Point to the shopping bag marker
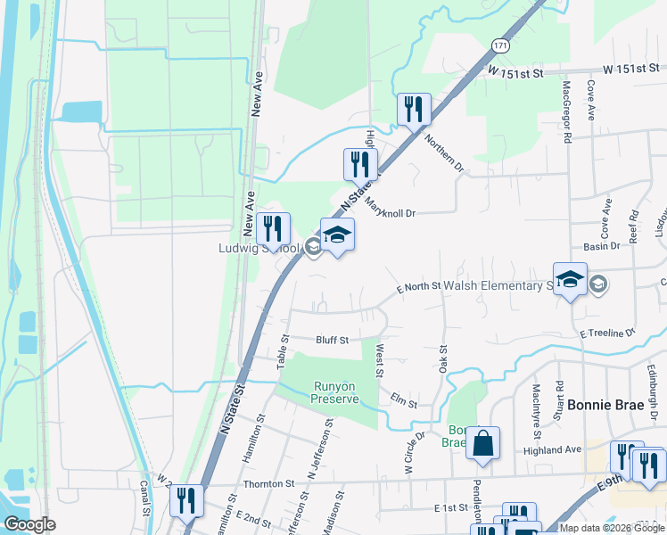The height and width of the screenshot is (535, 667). [x=482, y=444]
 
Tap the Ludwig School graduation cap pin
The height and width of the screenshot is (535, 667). [x=337, y=236]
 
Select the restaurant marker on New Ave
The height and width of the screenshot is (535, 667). [x=273, y=229]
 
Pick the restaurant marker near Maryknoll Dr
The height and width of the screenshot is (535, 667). [x=360, y=165]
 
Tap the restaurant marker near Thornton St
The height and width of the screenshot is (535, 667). [x=186, y=500]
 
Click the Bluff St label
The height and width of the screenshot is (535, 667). [x=331, y=340]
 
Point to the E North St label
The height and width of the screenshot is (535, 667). [x=419, y=286]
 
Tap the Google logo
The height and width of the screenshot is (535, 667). [x=29, y=524]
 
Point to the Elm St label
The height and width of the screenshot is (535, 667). [x=405, y=404]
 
